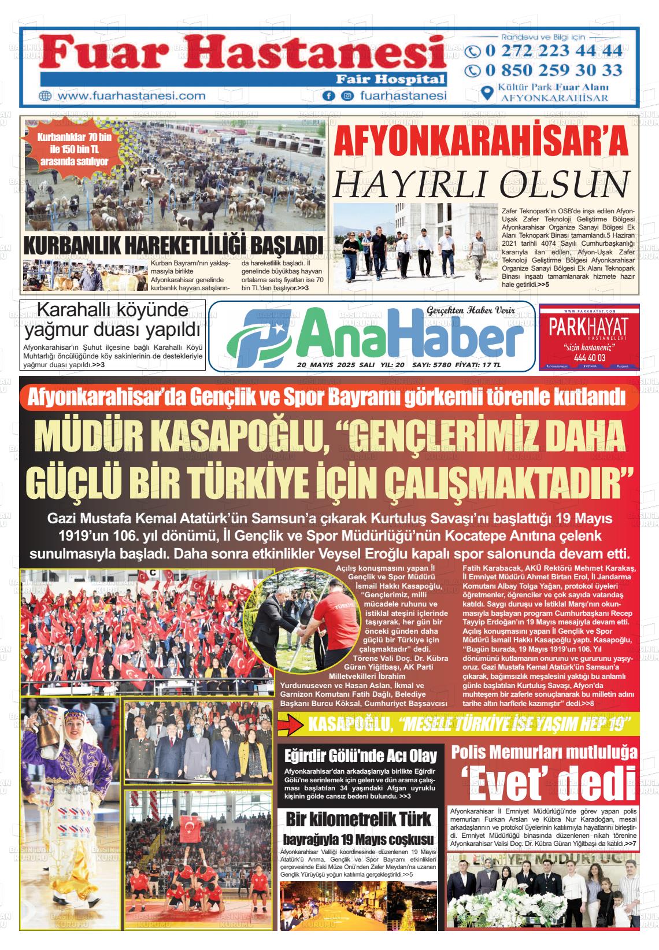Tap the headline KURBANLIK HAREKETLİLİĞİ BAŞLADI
pos(172,245)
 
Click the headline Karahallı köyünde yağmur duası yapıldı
pos(113,320)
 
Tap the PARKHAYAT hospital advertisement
pos(588,337)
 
